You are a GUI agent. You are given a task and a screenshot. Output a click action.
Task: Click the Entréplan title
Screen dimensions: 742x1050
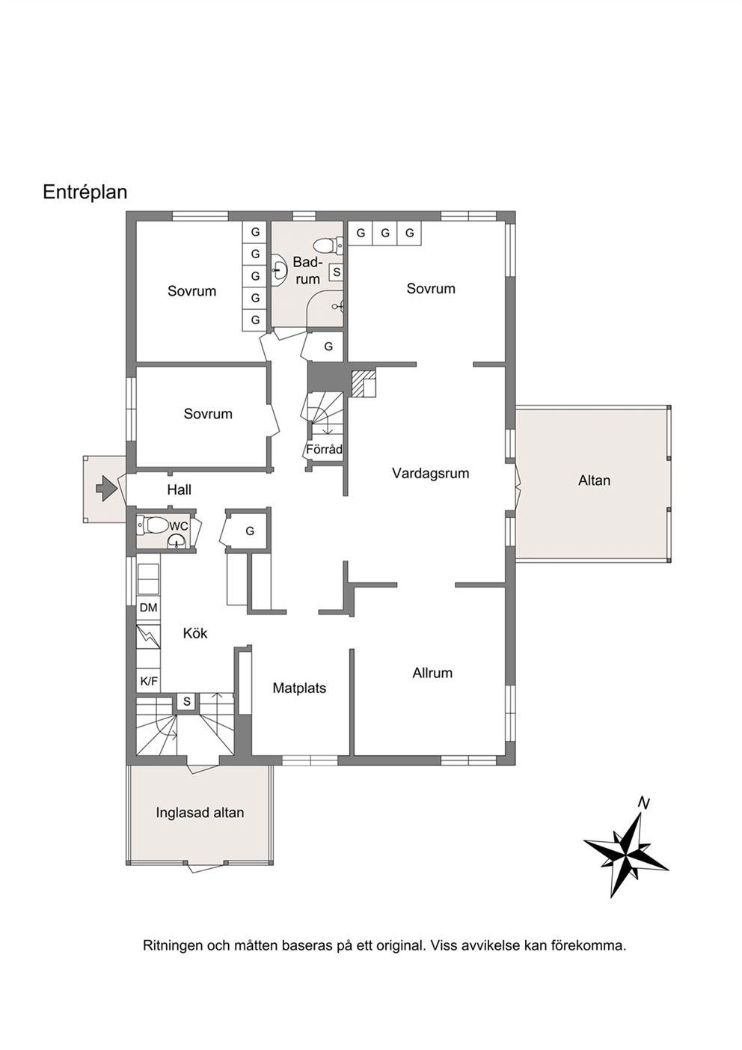(85, 192)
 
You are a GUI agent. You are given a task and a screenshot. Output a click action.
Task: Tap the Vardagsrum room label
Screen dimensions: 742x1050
(431, 474)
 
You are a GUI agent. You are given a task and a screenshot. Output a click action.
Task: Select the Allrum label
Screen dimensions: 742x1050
(432, 673)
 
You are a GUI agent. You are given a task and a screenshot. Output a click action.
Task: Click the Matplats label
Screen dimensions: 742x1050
(299, 688)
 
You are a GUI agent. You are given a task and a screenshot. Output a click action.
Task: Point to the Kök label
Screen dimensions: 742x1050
(195, 633)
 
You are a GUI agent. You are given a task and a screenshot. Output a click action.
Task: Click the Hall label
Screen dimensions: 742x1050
(180, 490)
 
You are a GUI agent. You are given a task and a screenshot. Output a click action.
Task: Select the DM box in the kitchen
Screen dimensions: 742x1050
(149, 608)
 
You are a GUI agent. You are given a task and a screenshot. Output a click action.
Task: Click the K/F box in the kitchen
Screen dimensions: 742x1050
(149, 681)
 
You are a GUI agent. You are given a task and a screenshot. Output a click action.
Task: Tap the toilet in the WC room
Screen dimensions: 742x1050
(153, 525)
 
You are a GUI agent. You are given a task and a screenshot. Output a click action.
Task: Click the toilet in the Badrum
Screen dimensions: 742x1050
(328, 245)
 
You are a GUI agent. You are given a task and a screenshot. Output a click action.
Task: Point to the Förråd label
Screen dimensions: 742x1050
(324, 450)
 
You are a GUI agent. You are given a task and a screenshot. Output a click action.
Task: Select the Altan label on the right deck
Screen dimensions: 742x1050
(594, 480)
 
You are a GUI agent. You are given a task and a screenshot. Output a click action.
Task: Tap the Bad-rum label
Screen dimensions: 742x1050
(307, 270)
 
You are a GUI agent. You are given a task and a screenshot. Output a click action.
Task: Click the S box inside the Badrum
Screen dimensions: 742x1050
(337, 272)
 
